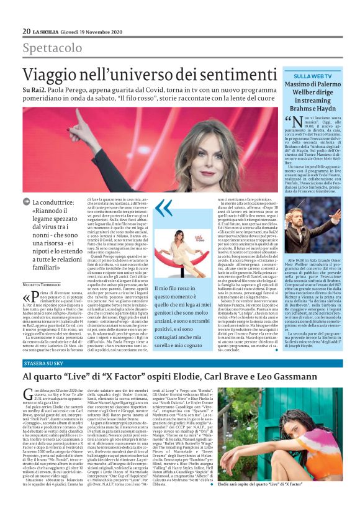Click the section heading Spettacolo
[x=52, y=48]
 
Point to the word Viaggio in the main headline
[x=56, y=76]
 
